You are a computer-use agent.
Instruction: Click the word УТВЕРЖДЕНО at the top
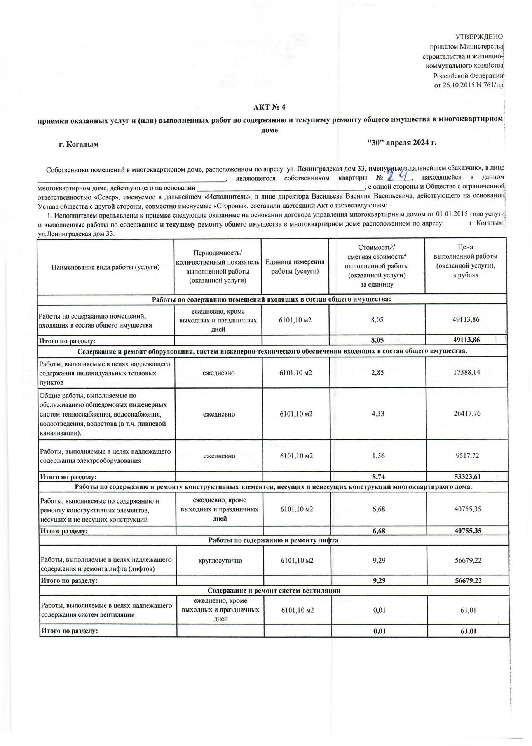click(479, 37)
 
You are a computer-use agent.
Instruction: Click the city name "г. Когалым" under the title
click(78, 145)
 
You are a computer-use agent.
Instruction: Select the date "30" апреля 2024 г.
click(402, 143)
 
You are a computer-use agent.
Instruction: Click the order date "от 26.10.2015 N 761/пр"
click(469, 85)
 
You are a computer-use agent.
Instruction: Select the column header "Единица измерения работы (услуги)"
click(295, 267)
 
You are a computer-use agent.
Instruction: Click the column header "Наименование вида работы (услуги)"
click(106, 267)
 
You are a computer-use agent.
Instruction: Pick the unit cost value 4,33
click(378, 414)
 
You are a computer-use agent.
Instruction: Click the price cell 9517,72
click(467, 455)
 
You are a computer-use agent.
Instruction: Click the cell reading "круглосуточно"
click(220, 561)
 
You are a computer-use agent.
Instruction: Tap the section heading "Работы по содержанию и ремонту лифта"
click(273, 540)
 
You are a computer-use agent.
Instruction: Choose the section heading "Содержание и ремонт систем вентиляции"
click(274, 591)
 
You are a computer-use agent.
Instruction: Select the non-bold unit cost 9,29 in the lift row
click(379, 560)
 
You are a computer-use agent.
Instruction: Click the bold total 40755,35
click(468, 531)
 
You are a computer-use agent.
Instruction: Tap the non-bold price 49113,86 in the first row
click(466, 320)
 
